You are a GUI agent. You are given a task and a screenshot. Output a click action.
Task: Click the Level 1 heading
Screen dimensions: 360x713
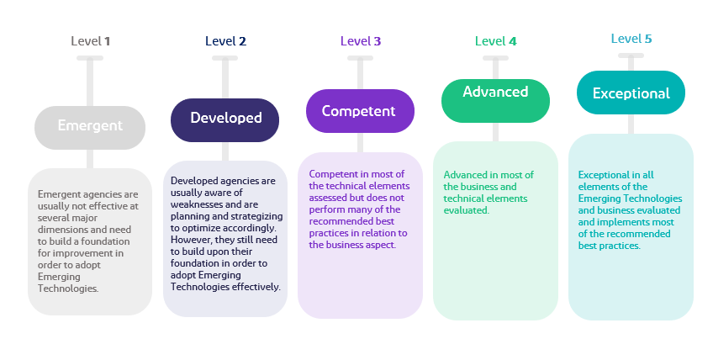pos(91,40)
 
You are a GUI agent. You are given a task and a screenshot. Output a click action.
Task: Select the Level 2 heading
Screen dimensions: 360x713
pos(225,40)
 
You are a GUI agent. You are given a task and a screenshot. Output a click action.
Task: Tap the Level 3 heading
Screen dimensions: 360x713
pos(361,40)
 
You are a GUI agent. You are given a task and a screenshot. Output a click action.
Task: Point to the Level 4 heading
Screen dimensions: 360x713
pos(495,40)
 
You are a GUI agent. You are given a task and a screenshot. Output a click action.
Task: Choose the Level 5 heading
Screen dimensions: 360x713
pos(631,39)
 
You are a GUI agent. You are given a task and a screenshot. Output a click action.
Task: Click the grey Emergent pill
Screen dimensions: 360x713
pos(90,126)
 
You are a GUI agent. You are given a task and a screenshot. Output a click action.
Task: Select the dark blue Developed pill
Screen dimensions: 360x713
pos(225,119)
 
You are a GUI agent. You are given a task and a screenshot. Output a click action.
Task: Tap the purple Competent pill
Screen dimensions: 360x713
pos(360,111)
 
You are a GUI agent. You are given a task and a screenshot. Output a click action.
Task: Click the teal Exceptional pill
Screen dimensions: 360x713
pos(631,93)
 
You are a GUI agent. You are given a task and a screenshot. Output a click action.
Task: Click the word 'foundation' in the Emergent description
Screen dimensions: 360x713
pos(63,240)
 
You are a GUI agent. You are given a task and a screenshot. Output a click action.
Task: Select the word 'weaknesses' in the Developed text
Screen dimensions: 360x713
pos(199,204)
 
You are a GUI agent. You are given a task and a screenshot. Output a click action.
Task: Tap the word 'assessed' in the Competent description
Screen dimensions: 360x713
pos(330,198)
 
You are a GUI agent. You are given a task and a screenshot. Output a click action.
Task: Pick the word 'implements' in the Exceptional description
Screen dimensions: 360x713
pos(646,222)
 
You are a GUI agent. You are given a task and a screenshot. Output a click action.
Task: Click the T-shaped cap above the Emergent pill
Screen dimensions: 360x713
pos(90,58)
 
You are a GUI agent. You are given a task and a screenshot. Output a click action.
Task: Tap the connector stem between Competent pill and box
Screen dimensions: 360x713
pos(360,142)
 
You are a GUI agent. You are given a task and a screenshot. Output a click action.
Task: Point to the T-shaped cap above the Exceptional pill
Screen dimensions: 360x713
pos(631,56)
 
